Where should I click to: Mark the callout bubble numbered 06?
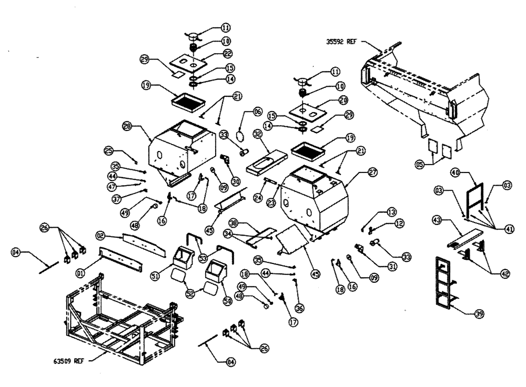coord(257,111)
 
